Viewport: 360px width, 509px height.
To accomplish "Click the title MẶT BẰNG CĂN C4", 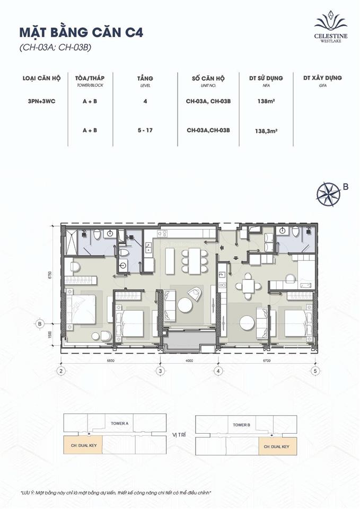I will click(x=82, y=32).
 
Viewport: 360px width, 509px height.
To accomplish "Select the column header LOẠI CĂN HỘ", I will click(x=41, y=78).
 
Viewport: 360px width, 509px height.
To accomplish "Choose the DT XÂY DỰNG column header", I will click(x=322, y=78).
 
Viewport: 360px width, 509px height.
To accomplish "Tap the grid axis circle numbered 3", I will click(x=160, y=371).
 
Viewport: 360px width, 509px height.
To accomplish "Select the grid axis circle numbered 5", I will click(x=315, y=371).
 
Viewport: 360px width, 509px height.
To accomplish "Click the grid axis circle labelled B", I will click(x=40, y=323).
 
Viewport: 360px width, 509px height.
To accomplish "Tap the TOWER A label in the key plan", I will click(x=119, y=424).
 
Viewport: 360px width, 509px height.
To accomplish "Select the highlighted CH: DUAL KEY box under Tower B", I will click(x=277, y=446).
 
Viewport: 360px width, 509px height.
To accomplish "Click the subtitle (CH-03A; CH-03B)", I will click(x=53, y=48).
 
